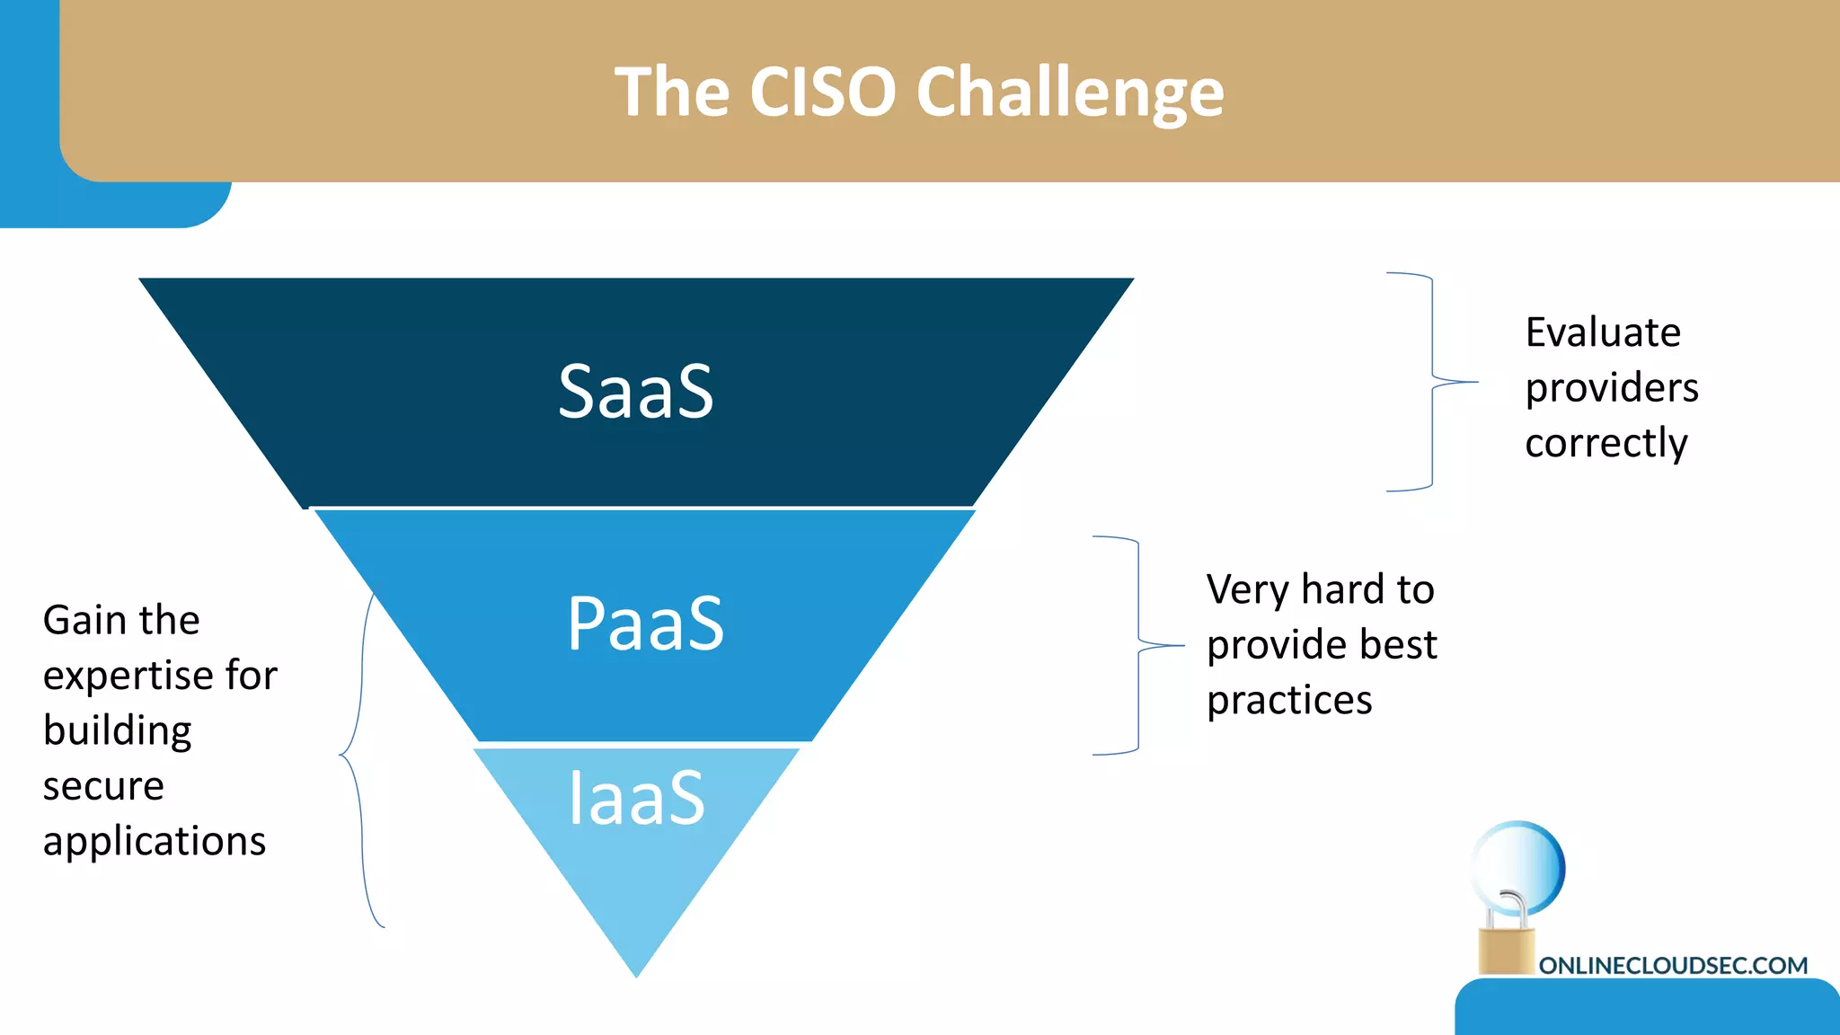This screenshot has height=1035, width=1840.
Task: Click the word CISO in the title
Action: tap(822, 92)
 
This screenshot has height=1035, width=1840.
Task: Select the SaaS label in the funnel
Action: tap(635, 392)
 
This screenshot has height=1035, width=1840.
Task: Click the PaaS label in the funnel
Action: tap(645, 624)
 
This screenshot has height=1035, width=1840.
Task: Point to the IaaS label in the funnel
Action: tap(636, 797)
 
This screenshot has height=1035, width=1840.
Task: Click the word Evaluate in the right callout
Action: tap(1603, 332)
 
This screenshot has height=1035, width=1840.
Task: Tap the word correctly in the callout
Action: tap(1606, 443)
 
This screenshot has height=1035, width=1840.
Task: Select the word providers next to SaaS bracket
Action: tap(1612, 388)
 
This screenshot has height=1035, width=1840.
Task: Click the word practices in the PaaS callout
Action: tap(1289, 700)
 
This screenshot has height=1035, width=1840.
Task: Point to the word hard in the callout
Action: tap(1341, 589)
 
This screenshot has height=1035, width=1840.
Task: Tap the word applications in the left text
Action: tap(154, 842)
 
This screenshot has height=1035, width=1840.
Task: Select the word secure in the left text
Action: tap(103, 786)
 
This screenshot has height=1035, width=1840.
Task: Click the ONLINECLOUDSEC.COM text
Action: tap(1672, 966)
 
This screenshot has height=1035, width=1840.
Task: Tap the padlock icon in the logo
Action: tap(1507, 939)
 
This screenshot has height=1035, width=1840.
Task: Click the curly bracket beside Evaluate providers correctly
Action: tap(1432, 382)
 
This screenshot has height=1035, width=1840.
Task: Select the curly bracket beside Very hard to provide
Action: tap(1138, 645)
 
